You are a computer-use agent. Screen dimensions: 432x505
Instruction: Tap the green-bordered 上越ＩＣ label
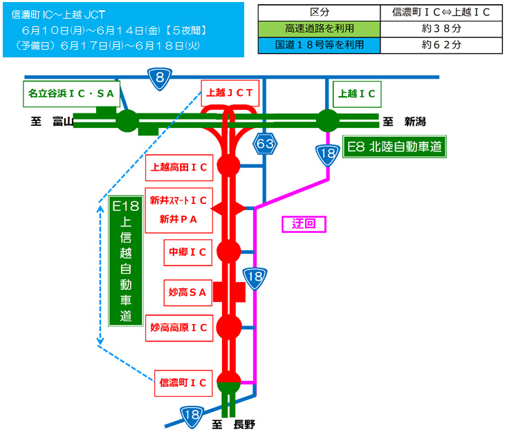click(357, 93)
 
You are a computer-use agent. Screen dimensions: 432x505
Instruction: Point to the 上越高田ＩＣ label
click(179, 167)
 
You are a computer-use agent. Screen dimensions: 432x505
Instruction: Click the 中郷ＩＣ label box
click(187, 253)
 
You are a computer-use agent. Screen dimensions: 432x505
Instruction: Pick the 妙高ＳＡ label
click(187, 292)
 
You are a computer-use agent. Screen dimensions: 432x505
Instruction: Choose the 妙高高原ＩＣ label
click(179, 328)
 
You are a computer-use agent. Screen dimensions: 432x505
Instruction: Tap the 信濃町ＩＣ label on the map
click(183, 382)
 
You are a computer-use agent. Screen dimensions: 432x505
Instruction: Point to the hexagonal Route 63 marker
click(264, 144)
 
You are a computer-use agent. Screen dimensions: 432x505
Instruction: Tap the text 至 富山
click(51, 122)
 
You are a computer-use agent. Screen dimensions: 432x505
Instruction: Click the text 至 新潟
click(405, 122)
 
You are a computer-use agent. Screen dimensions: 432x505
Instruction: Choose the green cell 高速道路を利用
click(319, 29)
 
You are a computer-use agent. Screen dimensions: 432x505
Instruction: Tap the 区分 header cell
click(319, 12)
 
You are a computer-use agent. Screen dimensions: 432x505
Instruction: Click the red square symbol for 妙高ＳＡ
click(228, 292)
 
